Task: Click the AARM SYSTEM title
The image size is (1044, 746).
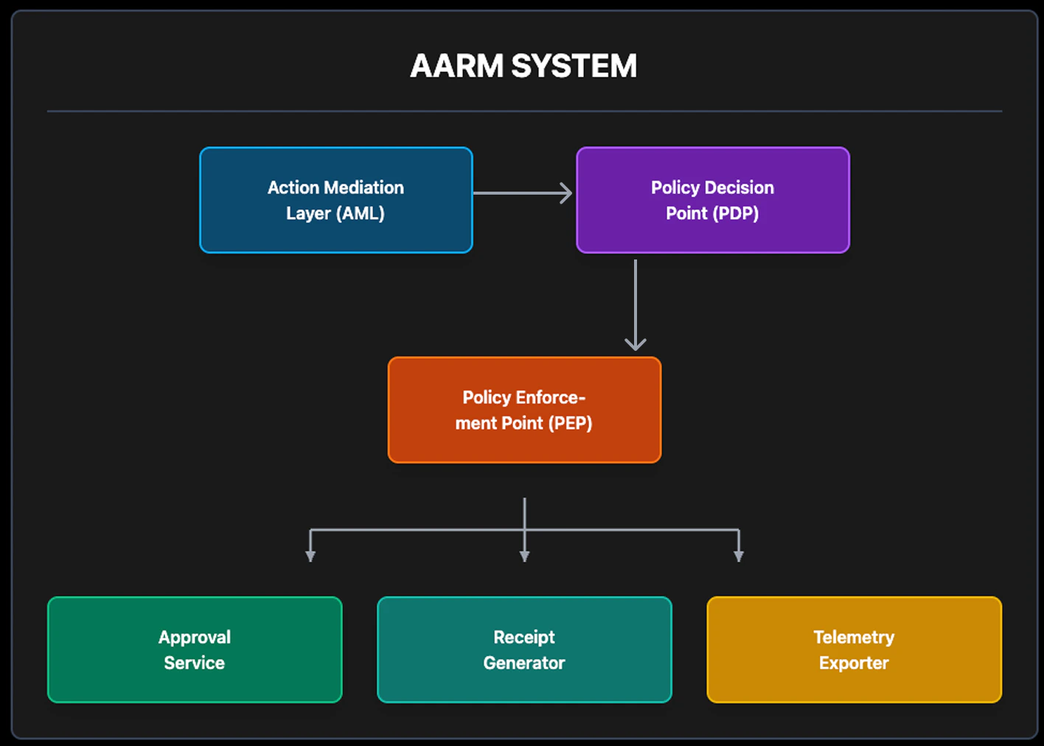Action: point(523,66)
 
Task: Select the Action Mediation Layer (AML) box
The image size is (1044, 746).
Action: point(335,200)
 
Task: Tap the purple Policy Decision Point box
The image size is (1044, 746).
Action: point(712,200)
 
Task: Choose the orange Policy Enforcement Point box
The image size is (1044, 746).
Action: point(524,410)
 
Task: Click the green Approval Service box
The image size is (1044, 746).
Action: point(195,649)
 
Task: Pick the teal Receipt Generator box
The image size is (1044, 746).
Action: point(524,649)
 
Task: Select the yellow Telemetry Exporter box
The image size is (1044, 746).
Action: point(854,649)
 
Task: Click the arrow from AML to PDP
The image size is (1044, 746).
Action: point(522,193)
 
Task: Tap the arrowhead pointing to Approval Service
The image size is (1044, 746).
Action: point(310,556)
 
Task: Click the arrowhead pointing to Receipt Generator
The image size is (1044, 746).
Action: point(524,556)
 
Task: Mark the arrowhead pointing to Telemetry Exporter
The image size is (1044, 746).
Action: point(739,556)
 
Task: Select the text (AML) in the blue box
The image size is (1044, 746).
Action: point(361,213)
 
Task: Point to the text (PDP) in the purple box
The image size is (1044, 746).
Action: point(735,213)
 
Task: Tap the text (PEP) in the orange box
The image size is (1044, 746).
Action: point(570,423)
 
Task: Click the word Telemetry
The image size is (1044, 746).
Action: point(854,637)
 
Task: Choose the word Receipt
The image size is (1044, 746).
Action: point(524,637)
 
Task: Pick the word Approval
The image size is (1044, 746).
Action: point(195,637)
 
